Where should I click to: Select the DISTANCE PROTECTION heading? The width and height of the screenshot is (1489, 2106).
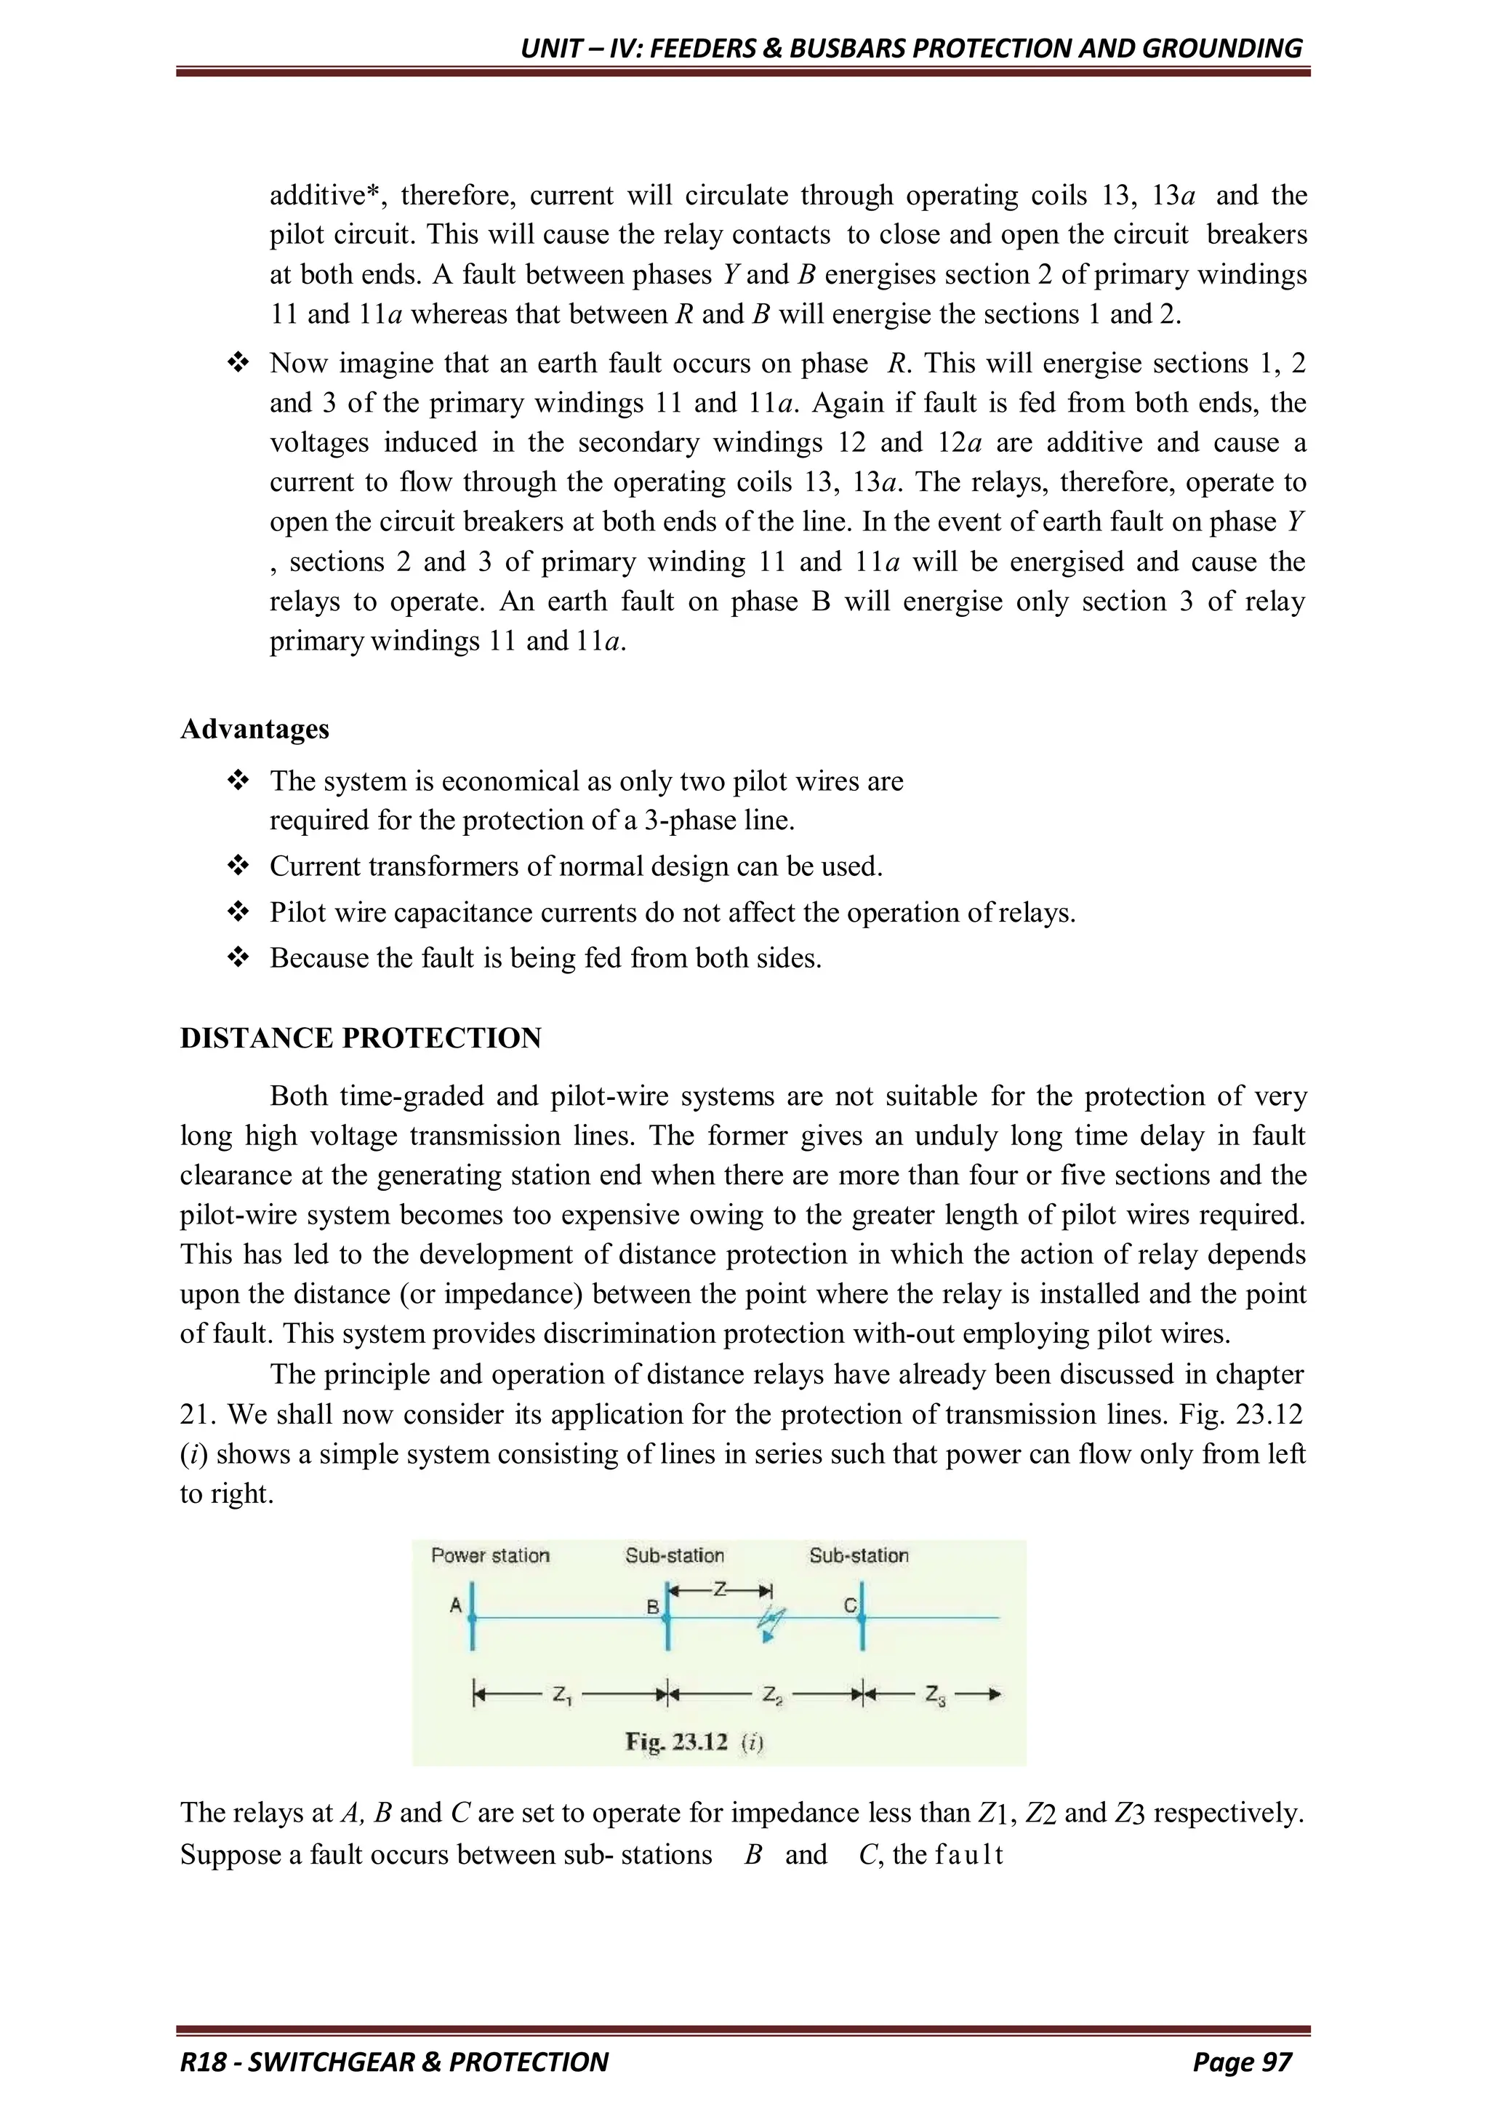click(x=361, y=1038)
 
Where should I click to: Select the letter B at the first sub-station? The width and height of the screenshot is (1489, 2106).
click(x=653, y=1607)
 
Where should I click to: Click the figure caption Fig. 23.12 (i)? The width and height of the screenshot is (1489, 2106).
click(x=694, y=1742)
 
